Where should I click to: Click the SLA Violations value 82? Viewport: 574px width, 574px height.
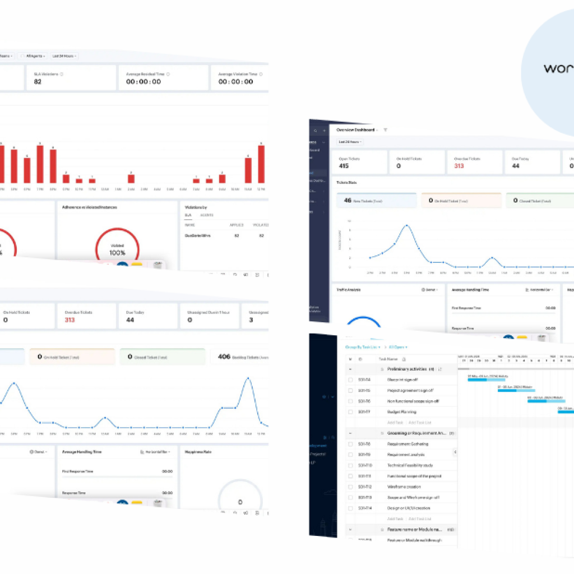tap(38, 81)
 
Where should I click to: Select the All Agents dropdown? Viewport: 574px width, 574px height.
tap(33, 56)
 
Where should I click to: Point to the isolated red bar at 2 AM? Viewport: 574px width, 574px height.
tap(131, 178)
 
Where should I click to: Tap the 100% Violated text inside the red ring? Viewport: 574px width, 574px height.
tap(117, 250)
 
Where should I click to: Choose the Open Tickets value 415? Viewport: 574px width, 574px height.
tap(344, 166)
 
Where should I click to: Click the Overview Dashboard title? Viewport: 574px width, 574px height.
tap(355, 129)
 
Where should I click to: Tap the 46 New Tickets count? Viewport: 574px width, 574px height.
tap(348, 200)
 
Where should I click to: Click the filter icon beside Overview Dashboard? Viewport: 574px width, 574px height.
tap(385, 129)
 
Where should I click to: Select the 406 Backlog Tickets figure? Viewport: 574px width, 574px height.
tap(224, 357)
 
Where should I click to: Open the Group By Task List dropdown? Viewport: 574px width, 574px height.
tap(362, 347)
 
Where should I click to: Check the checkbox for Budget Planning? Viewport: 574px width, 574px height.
tap(350, 412)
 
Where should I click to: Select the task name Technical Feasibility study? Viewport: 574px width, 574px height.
tap(410, 465)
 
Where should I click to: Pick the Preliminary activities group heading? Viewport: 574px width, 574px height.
tap(406, 369)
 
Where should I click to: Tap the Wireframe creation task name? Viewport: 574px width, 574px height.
tap(404, 487)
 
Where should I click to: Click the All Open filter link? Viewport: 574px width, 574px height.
tap(398, 347)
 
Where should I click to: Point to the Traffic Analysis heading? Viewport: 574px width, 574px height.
tap(349, 290)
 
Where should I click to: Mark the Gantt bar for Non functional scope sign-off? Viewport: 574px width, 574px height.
tap(545, 400)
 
